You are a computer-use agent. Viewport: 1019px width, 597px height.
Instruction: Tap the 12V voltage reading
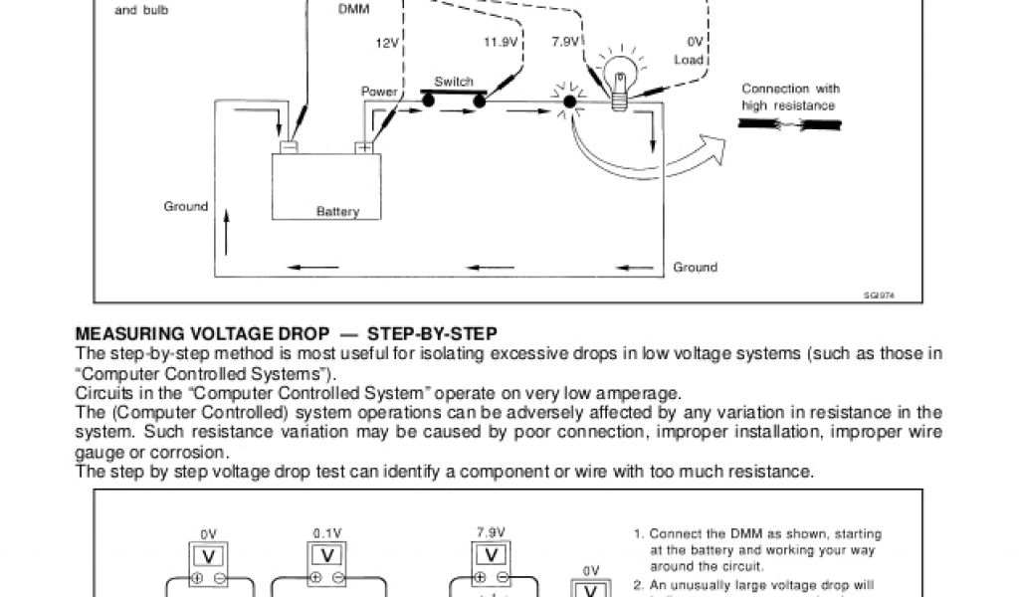coord(386,42)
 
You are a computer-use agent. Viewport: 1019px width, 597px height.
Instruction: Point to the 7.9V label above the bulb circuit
coord(565,42)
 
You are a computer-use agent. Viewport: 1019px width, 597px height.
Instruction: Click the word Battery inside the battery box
coord(337,212)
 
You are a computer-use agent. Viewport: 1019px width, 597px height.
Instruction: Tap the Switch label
coord(454,81)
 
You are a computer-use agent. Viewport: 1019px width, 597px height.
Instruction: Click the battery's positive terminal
coord(364,146)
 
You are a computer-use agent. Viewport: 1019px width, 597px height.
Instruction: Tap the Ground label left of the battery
coord(186,207)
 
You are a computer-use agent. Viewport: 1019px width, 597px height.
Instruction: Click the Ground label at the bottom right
coord(695,267)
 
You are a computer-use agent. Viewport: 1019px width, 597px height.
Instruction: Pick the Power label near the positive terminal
coord(379,92)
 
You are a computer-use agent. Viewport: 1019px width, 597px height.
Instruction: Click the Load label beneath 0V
coord(689,60)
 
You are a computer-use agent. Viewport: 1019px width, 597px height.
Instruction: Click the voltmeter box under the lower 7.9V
coord(491,554)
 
